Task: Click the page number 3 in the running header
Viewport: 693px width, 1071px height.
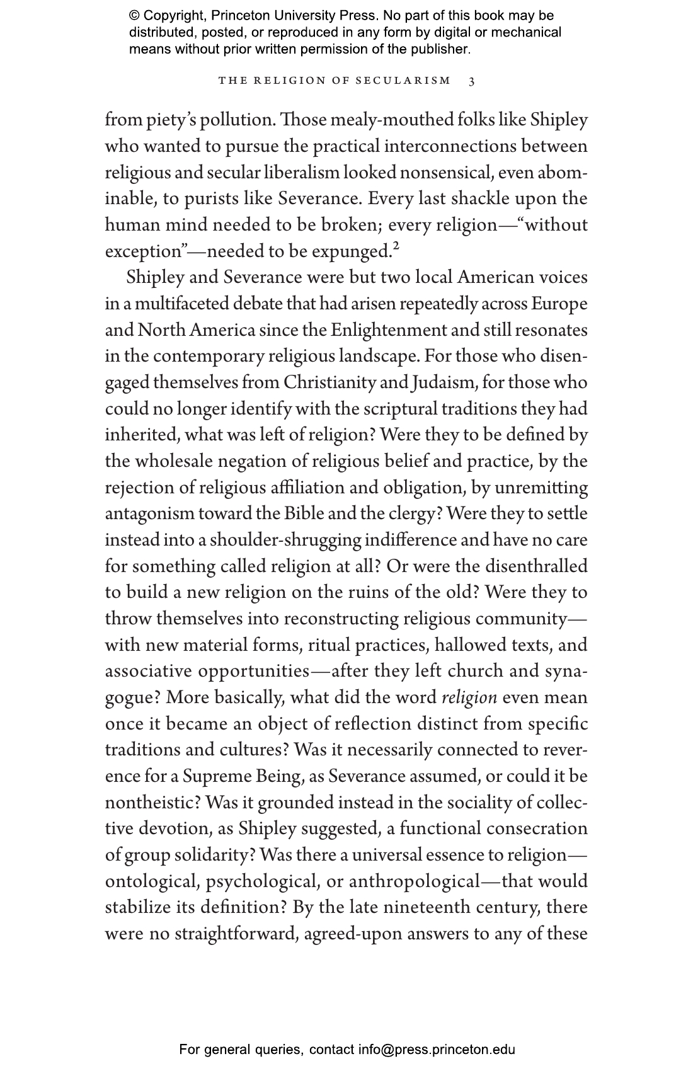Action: tap(472, 81)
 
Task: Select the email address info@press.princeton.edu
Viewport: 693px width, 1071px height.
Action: tap(437, 1050)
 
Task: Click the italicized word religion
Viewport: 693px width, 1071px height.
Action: tap(469, 698)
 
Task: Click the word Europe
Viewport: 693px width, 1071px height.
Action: tap(559, 304)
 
